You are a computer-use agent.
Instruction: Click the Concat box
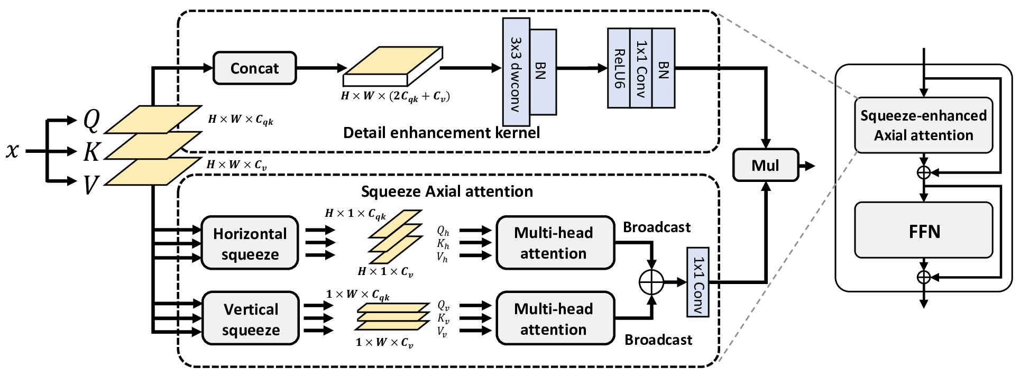(254, 68)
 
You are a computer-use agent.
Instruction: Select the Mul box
(765, 166)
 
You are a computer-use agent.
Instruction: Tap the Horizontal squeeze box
(250, 243)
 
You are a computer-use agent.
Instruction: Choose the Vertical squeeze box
(251, 319)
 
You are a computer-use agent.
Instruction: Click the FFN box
(923, 231)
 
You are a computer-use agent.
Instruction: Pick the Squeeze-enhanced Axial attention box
(923, 125)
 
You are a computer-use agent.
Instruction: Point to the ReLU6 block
(619, 68)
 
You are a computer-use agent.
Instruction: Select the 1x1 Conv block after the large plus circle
(698, 282)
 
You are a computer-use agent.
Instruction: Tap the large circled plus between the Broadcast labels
(651, 282)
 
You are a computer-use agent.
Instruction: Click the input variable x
(12, 151)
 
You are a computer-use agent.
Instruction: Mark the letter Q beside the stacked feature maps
(91, 121)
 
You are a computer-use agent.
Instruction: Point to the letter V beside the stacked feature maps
(91, 185)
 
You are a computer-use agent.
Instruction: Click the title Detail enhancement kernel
(442, 132)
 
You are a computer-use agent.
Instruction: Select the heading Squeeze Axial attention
(447, 191)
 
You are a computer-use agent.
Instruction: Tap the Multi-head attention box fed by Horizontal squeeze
(554, 243)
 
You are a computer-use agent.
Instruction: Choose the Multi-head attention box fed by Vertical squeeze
(554, 319)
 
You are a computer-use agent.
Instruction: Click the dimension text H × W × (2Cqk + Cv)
(396, 96)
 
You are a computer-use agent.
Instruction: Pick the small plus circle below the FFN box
(923, 277)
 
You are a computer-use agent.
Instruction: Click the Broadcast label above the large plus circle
(657, 227)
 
